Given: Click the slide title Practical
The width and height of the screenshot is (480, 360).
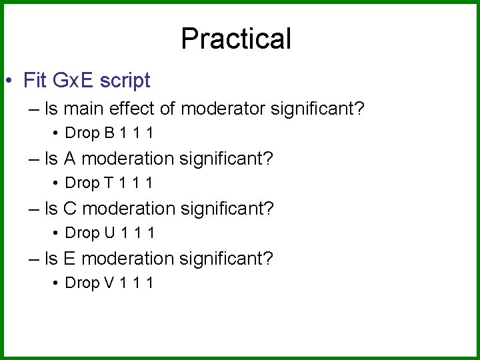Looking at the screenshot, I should tap(236, 39).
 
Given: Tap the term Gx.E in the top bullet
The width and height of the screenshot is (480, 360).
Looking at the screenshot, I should tap(71, 81).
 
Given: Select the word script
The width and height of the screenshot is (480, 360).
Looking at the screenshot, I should tap(125, 81).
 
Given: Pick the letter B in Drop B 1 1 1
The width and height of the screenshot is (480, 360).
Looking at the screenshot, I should tap(109, 133).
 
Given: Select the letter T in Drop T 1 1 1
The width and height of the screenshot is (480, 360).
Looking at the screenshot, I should tap(109, 183).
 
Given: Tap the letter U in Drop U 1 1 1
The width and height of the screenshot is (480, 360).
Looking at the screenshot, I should tap(109, 233).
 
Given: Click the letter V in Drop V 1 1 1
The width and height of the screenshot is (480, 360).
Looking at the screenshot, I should tap(109, 283).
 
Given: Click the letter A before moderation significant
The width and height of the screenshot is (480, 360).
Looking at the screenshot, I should tap(70, 159).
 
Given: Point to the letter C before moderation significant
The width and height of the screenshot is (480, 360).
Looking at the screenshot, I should tap(70, 209).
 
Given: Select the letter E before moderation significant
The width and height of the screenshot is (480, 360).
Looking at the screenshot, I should tap(70, 259).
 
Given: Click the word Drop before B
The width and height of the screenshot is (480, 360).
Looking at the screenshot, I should tap(82, 133).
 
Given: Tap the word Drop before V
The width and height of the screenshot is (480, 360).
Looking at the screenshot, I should tap(82, 283).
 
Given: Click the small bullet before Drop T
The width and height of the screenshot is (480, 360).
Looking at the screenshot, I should tap(55, 183).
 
